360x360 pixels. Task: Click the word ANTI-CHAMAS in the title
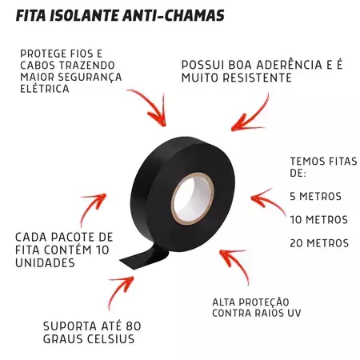[x=174, y=16]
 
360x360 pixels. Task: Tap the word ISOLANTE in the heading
[x=83, y=16]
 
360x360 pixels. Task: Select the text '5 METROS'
[x=315, y=197]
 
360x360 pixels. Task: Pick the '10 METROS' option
[x=319, y=220]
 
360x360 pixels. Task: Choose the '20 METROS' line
[x=319, y=243]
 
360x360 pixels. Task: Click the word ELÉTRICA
[x=45, y=89]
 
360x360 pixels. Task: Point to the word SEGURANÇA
[x=90, y=77]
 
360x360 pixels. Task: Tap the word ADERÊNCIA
[x=290, y=65]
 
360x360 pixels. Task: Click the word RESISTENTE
[x=257, y=78]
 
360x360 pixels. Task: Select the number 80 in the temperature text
[x=134, y=326]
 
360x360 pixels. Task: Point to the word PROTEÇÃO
[x=264, y=302]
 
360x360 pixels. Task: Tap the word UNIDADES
[x=45, y=263]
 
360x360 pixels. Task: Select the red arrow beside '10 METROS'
[x=266, y=201]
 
